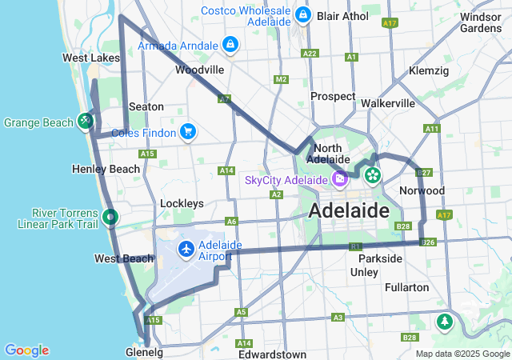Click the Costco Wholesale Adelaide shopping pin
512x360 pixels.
click(x=302, y=15)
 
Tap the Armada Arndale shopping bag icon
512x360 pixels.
click(x=230, y=45)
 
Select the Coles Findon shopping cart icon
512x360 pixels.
click(x=187, y=131)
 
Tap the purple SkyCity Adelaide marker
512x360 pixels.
click(x=340, y=179)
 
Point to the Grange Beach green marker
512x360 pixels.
click(x=85, y=122)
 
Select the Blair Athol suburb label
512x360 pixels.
click(x=342, y=15)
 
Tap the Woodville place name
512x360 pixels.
click(x=199, y=70)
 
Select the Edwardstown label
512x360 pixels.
click(x=272, y=354)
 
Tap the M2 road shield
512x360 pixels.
click(x=280, y=79)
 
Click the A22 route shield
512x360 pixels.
click(x=310, y=54)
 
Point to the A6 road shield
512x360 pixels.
click(x=231, y=222)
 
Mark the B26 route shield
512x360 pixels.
click(x=428, y=242)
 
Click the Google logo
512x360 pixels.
click(x=26, y=350)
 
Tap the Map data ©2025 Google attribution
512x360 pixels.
click(x=462, y=354)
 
